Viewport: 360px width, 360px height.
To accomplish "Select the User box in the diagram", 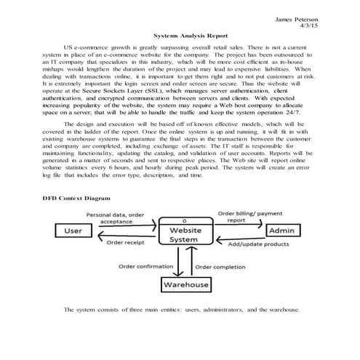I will (x=72, y=231).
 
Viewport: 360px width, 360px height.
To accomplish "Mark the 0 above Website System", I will (x=185, y=220).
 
